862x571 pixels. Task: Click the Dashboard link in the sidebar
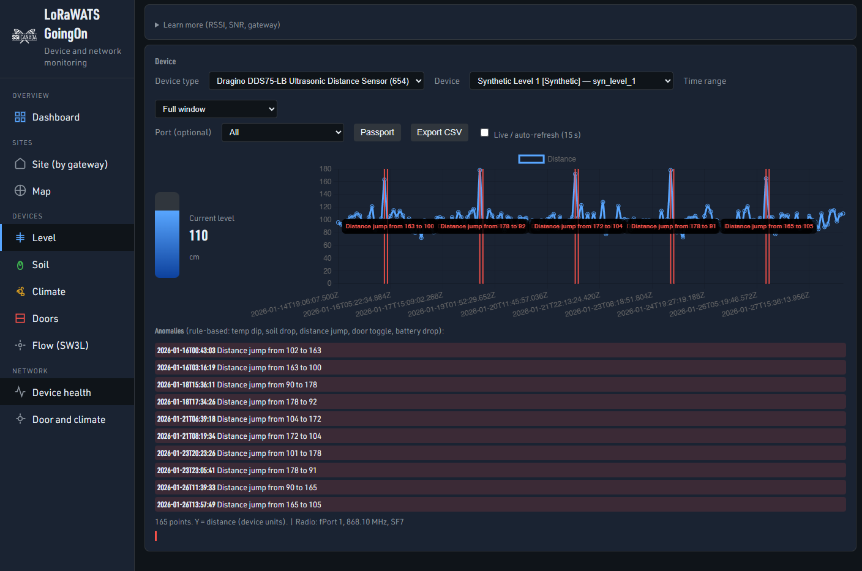tap(56, 117)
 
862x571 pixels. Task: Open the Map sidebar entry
tap(41, 191)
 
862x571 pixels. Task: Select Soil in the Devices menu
tap(40, 264)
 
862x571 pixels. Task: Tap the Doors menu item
tap(45, 318)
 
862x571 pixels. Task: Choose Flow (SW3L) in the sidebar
tap(60, 345)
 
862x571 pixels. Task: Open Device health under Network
tap(61, 392)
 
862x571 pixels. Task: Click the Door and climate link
tap(69, 419)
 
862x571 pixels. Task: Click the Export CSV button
tap(439, 132)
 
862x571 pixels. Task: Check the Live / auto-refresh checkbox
tap(485, 133)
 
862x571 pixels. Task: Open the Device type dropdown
tap(316, 81)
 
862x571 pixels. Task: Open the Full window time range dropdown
tap(215, 109)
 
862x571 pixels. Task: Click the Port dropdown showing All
tap(282, 132)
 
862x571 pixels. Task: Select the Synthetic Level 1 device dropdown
tap(571, 81)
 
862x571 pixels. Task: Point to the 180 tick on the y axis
tap(325, 169)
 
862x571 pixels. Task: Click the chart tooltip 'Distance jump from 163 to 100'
tap(389, 226)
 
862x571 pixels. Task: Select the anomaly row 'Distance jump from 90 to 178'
tap(267, 384)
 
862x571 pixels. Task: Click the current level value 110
tap(198, 236)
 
